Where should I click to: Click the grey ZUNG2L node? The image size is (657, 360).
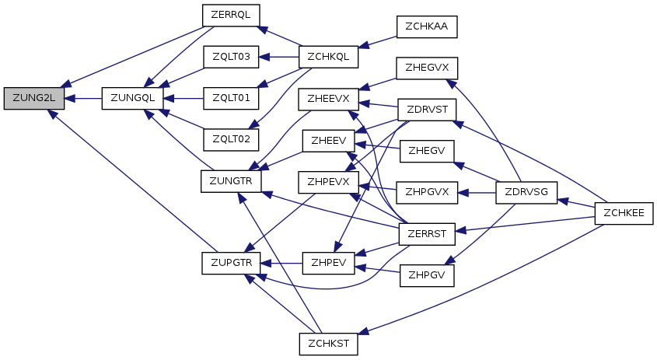(x=34, y=99)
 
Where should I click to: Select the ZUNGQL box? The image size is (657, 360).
(x=132, y=99)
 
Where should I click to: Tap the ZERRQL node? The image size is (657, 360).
(x=231, y=16)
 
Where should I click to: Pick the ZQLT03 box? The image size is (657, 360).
(x=231, y=57)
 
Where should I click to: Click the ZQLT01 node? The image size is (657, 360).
(x=231, y=99)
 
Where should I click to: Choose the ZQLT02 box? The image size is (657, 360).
(x=231, y=140)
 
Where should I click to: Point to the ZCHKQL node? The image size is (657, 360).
(x=328, y=57)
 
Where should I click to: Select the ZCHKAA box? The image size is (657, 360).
(x=427, y=26)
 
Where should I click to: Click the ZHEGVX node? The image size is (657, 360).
(x=427, y=68)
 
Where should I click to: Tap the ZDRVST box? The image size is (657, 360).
(x=427, y=110)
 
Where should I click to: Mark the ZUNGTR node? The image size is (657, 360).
(x=231, y=181)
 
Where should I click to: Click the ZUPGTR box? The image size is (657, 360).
(x=231, y=263)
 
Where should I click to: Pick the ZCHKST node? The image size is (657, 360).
(x=328, y=344)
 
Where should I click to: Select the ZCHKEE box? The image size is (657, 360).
(x=624, y=213)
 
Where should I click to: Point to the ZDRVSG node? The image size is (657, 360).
(x=526, y=193)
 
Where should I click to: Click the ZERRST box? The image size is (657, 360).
(x=427, y=234)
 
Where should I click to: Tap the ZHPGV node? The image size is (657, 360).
(x=427, y=276)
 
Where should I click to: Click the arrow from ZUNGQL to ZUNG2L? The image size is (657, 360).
(x=83, y=99)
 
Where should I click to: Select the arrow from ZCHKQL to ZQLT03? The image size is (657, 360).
(x=278, y=57)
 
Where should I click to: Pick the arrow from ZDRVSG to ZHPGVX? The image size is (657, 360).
(x=477, y=193)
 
